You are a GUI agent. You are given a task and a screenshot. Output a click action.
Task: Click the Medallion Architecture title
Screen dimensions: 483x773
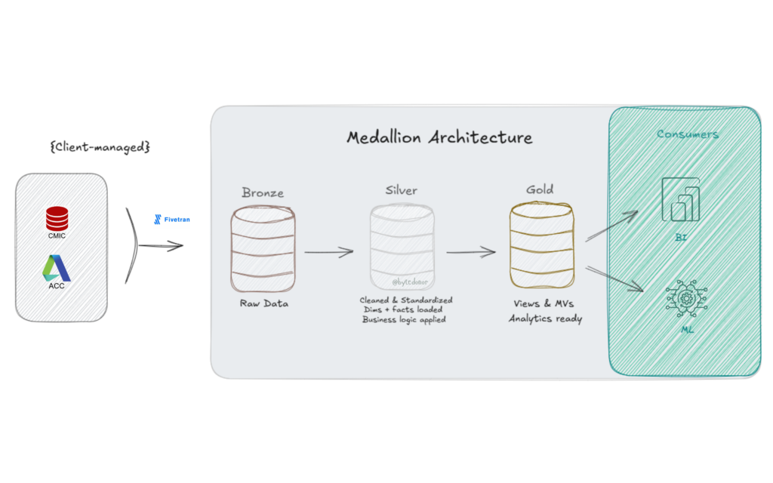439,137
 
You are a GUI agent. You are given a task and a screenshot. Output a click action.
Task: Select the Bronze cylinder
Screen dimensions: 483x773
263,250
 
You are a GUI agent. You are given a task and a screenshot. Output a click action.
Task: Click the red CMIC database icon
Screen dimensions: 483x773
57,219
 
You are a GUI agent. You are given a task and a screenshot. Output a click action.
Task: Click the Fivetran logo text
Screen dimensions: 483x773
174,220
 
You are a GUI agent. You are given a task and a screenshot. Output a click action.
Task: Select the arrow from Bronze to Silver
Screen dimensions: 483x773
329,251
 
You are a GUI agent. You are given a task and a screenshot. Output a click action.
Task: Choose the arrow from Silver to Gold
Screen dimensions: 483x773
471,251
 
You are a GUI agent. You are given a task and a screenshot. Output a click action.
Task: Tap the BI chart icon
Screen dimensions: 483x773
681,200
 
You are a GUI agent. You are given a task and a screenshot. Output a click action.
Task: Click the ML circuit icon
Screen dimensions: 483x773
686,301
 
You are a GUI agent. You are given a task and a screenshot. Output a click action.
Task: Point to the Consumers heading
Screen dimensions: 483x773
687,134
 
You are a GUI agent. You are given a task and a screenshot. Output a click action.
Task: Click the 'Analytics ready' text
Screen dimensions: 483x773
545,318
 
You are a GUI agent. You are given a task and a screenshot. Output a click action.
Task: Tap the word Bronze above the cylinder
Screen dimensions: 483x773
263,192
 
